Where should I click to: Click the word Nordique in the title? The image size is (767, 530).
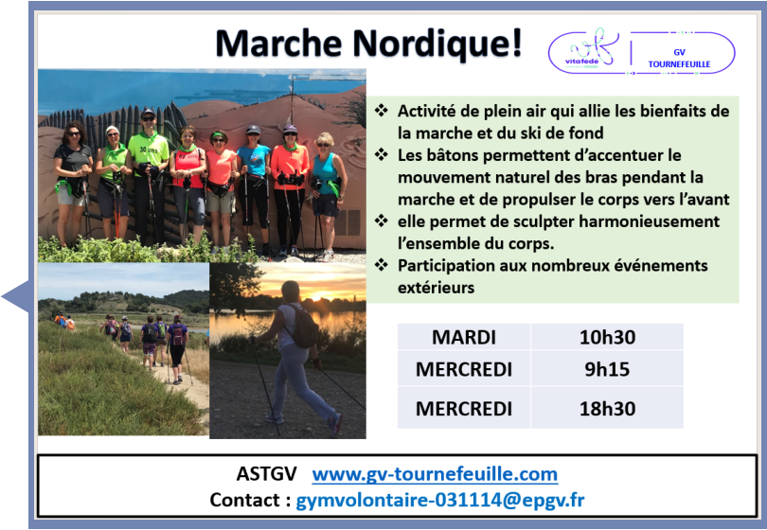[437, 44]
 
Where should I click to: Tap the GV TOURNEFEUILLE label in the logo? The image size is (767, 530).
[679, 58]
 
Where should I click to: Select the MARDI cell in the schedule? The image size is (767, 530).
[464, 337]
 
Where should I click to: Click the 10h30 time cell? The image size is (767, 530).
[607, 337]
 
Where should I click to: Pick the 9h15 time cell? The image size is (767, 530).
[607, 369]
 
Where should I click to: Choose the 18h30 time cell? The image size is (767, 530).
[607, 408]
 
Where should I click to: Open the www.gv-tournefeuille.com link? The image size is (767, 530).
[435, 474]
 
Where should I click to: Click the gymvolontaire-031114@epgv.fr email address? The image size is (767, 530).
[440, 500]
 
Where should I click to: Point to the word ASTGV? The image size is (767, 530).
[267, 474]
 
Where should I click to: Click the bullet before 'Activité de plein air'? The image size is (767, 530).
[382, 110]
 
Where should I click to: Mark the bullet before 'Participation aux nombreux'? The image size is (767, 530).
[382, 264]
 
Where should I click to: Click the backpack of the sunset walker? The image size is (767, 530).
[304, 327]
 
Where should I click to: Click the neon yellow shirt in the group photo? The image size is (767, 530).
[149, 150]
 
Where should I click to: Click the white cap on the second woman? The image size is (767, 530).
[112, 130]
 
